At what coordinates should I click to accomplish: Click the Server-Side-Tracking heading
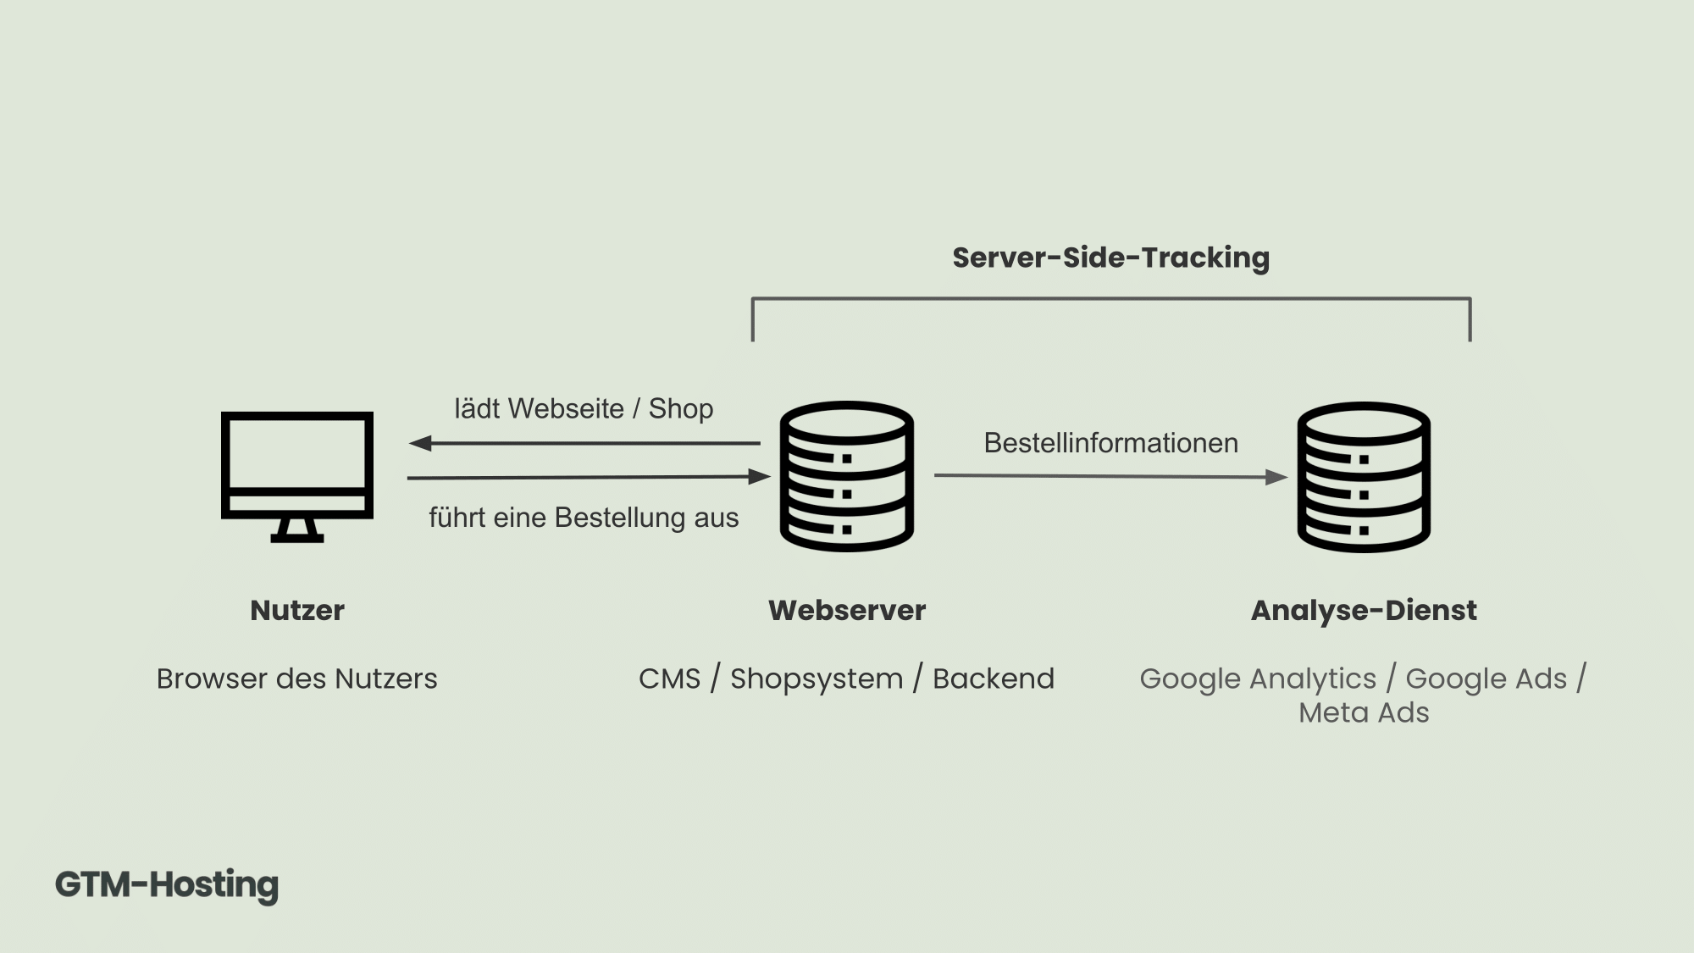(x=1110, y=258)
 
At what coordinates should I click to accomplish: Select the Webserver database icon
(x=846, y=477)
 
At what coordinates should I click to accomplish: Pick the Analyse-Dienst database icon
(x=1364, y=477)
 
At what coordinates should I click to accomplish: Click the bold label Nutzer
(x=296, y=610)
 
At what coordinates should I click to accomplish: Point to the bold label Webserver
(x=846, y=610)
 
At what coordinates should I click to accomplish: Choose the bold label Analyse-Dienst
(x=1364, y=610)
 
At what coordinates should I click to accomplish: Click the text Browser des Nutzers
(x=296, y=679)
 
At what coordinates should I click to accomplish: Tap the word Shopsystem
(x=817, y=679)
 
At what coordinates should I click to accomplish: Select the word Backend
(x=994, y=679)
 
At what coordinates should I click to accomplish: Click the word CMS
(x=669, y=679)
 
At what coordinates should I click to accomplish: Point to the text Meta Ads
(x=1364, y=712)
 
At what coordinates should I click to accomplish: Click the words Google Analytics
(x=1258, y=679)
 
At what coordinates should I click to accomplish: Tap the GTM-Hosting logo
(x=167, y=885)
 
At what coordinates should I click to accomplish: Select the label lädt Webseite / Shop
(x=584, y=408)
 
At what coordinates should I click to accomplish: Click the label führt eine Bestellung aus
(x=584, y=518)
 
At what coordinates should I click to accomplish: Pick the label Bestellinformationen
(x=1110, y=442)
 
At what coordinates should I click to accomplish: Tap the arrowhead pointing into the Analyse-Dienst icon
(x=1276, y=477)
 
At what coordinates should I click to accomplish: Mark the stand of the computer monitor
(x=296, y=530)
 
